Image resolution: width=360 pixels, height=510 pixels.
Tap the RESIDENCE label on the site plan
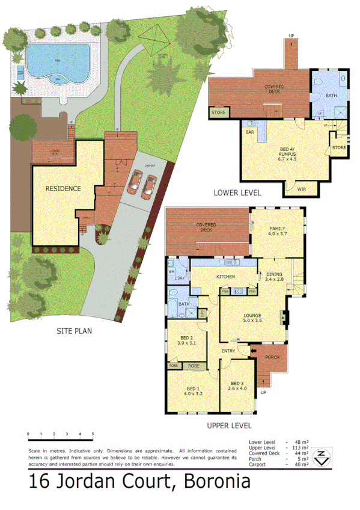[63, 188]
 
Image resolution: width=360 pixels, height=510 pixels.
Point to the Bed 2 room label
[186, 338]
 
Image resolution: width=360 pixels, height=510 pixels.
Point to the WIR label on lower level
[301, 189]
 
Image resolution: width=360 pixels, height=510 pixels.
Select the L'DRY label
[179, 277]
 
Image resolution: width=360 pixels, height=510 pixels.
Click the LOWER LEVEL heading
[237, 192]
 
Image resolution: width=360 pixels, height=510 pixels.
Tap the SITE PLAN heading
[75, 330]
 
